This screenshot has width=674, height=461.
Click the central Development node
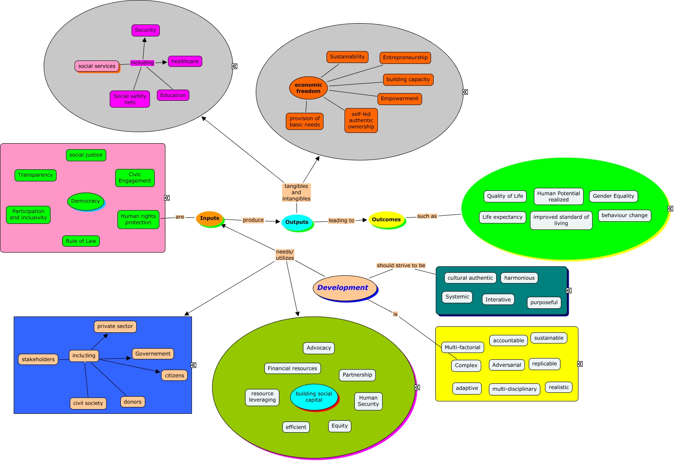[343, 288]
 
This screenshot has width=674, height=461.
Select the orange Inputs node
[210, 218]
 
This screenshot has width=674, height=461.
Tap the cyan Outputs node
[297, 222]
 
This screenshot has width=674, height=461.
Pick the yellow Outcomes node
[386, 220]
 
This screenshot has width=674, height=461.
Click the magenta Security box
[146, 30]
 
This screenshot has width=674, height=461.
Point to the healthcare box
[185, 61]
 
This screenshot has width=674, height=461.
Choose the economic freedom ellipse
[309, 88]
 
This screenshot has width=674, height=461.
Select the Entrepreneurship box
[405, 57]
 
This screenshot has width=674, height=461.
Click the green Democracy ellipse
[86, 201]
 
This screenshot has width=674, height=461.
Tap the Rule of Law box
[81, 241]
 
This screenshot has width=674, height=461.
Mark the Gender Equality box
[613, 196]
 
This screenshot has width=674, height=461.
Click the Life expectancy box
[502, 217]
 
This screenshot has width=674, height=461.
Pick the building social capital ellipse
[314, 397]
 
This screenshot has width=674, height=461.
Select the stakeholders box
[38, 359]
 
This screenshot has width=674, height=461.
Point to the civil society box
[88, 403]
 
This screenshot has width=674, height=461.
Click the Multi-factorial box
[462, 347]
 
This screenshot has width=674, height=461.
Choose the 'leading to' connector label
[341, 220]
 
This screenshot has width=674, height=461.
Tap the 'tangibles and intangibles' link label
[296, 192]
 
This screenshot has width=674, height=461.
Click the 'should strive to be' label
[401, 265]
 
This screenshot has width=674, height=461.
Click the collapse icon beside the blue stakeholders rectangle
[194, 365]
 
